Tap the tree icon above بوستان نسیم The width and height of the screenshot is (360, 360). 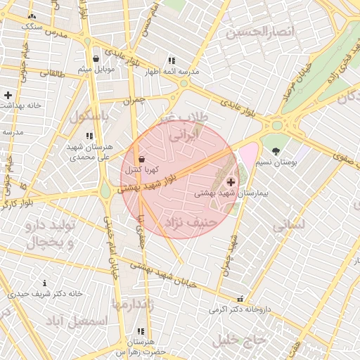[x=276, y=150]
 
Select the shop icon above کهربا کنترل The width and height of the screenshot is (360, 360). [x=143, y=159]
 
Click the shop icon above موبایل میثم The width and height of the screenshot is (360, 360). [x=96, y=58]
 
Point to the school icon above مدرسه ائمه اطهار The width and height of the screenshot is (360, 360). [x=172, y=61]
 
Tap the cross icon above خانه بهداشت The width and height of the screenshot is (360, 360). [x=8, y=94]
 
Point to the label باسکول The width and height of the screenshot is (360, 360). [x=89, y=115]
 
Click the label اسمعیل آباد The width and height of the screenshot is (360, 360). [x=77, y=321]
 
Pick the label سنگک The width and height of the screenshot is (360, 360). [x=32, y=26]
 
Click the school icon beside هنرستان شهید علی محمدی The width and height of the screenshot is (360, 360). [x=89, y=136]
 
